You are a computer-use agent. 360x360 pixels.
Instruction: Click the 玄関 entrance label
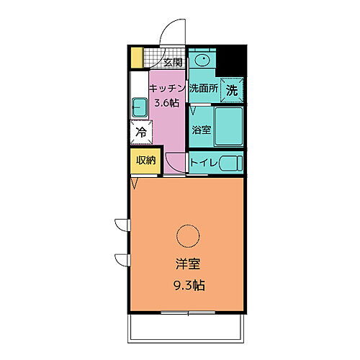coord(173,63)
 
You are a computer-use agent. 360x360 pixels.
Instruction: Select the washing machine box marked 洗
coord(231,91)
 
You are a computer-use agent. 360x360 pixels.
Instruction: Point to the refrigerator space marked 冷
coord(141,132)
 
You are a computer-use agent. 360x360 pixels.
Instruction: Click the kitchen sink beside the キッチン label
coord(140,108)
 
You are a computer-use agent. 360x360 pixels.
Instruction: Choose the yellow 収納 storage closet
coord(145,161)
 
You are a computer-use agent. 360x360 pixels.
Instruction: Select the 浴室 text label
coord(201,130)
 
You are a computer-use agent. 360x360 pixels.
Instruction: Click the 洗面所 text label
coord(203,89)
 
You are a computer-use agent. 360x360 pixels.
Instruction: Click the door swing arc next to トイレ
coord(174,164)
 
